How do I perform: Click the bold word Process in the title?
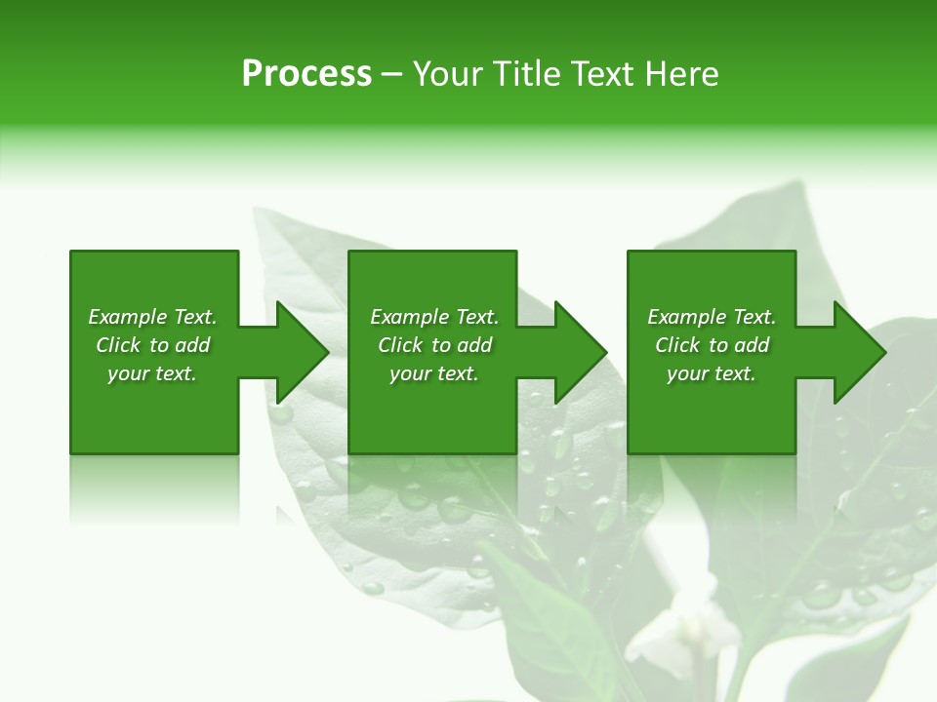306,74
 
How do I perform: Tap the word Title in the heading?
525,74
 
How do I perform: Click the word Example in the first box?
126,317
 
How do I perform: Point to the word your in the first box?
128,374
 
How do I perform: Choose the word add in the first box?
192,345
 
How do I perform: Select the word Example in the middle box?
408,317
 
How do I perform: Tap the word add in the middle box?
474,345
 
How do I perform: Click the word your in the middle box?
410,374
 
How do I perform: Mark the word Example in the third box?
685,317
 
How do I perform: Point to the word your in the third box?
687,374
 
